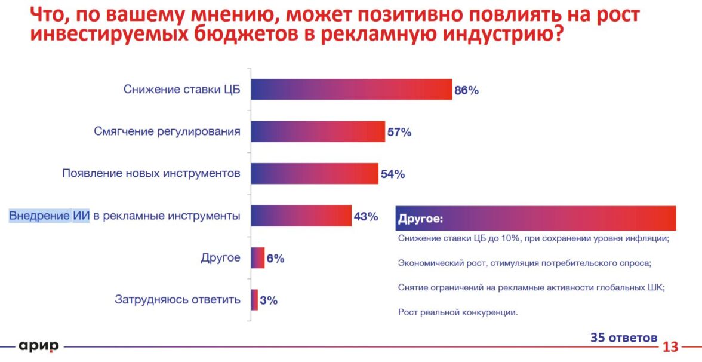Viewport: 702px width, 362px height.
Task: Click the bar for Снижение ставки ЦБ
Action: pyautogui.click(x=351, y=90)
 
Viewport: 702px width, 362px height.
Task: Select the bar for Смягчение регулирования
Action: pyautogui.click(x=318, y=131)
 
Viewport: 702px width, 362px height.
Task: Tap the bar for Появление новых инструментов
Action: pyautogui.click(x=314, y=174)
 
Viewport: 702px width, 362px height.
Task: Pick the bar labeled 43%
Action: pyautogui.click(x=301, y=216)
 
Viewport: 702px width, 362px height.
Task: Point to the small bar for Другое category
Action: pyautogui.click(x=258, y=258)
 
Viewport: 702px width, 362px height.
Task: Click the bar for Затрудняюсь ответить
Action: pyautogui.click(x=254, y=300)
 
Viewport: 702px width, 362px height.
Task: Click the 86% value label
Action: pyautogui.click(x=467, y=91)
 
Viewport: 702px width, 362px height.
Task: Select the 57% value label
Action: pyautogui.click(x=399, y=133)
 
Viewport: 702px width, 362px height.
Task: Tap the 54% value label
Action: pyautogui.click(x=393, y=174)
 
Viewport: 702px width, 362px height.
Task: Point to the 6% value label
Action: pyautogui.click(x=275, y=259)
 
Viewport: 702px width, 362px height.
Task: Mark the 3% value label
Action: pyautogui.click(x=269, y=300)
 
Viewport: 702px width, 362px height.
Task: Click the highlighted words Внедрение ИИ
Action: pyautogui.click(x=49, y=216)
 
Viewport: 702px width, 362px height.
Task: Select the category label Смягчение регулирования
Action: pyautogui.click(x=167, y=131)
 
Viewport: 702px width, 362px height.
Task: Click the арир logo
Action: pyautogui.click(x=39, y=346)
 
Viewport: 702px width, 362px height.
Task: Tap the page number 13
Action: pyautogui.click(x=670, y=347)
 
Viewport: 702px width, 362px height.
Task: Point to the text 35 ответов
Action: pyautogui.click(x=624, y=338)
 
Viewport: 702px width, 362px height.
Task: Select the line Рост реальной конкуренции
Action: pyautogui.click(x=457, y=312)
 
